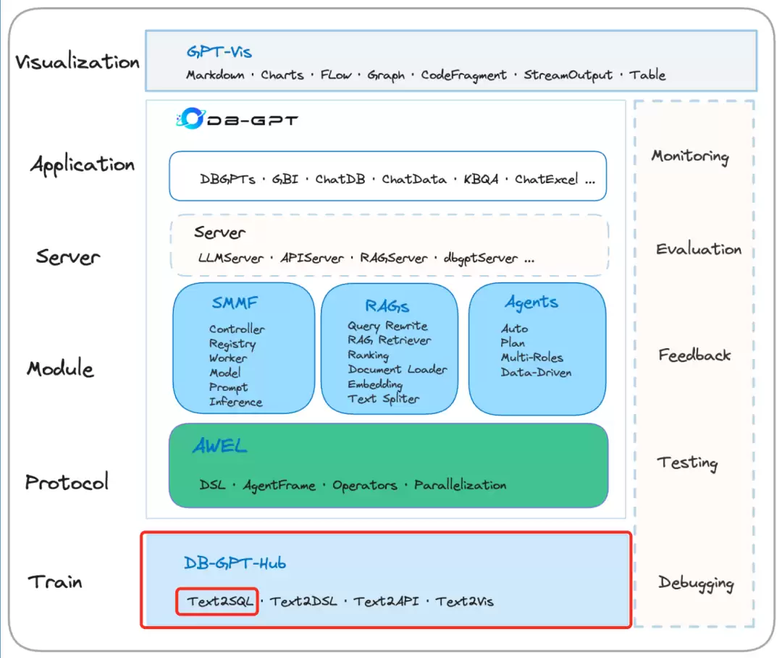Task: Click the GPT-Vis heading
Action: pyautogui.click(x=219, y=52)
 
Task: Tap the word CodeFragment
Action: pyautogui.click(x=464, y=75)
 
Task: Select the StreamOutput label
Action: pyautogui.click(x=568, y=75)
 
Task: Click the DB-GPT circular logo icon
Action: pyautogui.click(x=191, y=119)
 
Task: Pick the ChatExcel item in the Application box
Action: pyautogui.click(x=547, y=179)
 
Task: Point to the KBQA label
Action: pyautogui.click(x=481, y=179)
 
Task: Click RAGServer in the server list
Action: pyautogui.click(x=394, y=258)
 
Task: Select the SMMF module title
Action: pyautogui.click(x=235, y=303)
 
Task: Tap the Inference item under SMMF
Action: pyautogui.click(x=236, y=402)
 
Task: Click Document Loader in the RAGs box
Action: pyautogui.click(x=398, y=369)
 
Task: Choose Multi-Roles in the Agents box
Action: pyautogui.click(x=532, y=358)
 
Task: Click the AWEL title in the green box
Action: pyautogui.click(x=220, y=446)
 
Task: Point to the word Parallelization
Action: pyautogui.click(x=461, y=485)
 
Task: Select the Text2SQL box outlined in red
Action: pyautogui.click(x=217, y=601)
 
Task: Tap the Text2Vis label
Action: pyautogui.click(x=465, y=602)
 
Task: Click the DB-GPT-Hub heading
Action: pyautogui.click(x=235, y=563)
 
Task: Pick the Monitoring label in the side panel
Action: pyautogui.click(x=690, y=156)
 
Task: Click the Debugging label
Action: pyautogui.click(x=696, y=583)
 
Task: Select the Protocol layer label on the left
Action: pyautogui.click(x=67, y=482)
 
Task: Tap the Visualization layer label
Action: pyautogui.click(x=77, y=62)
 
